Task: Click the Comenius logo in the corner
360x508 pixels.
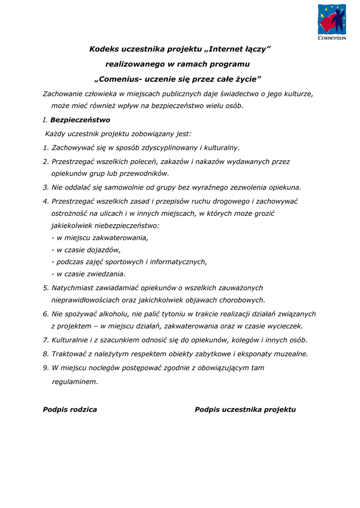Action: coord(332,22)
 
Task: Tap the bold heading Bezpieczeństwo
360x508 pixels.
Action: coord(80,120)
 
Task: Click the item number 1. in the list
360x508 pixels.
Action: coord(46,147)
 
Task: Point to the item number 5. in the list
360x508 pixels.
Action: coord(46,288)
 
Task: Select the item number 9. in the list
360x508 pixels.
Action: coord(46,368)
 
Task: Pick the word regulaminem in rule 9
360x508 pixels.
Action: coord(74,381)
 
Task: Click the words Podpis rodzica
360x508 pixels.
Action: coord(70,410)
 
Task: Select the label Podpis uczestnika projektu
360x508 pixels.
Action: coord(245,410)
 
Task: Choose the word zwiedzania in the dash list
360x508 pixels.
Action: coord(106,274)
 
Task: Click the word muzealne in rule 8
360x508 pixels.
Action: coord(291,354)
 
